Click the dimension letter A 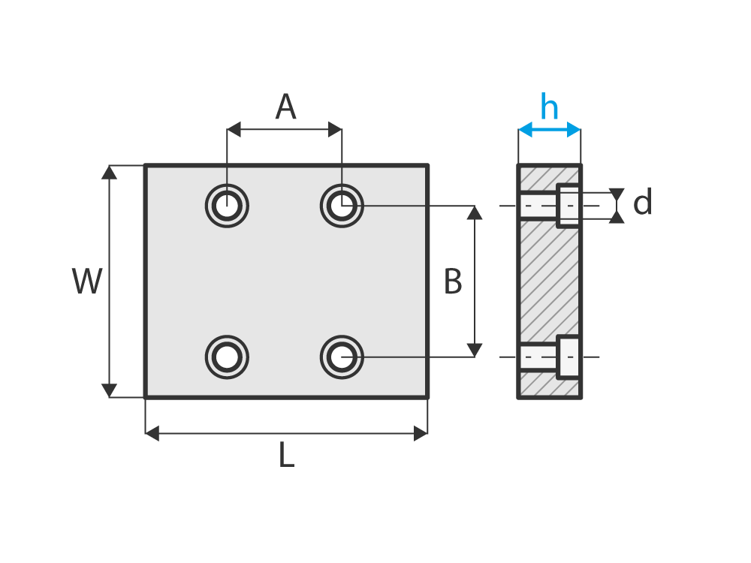pyautogui.click(x=285, y=107)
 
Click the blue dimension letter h pyautogui.click(x=549, y=107)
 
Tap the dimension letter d pyautogui.click(x=642, y=203)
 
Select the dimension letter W pyautogui.click(x=87, y=281)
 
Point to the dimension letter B pyautogui.click(x=452, y=282)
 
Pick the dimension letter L pyautogui.click(x=286, y=456)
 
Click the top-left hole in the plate pyautogui.click(x=227, y=204)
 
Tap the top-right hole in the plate pyautogui.click(x=342, y=204)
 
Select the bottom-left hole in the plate pyautogui.click(x=227, y=357)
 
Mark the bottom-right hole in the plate pyautogui.click(x=342, y=357)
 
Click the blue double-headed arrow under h pyautogui.click(x=549, y=130)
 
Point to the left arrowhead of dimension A pyautogui.click(x=234, y=130)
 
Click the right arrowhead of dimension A pyautogui.click(x=335, y=130)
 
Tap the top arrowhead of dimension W pyautogui.click(x=110, y=172)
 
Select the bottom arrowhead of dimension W pyautogui.click(x=110, y=390)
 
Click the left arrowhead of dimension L pyautogui.click(x=152, y=433)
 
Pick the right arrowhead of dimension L pyautogui.click(x=421, y=433)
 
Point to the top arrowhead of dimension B pyautogui.click(x=475, y=212)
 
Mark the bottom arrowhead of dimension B pyautogui.click(x=475, y=350)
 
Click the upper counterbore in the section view pyautogui.click(x=569, y=205)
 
